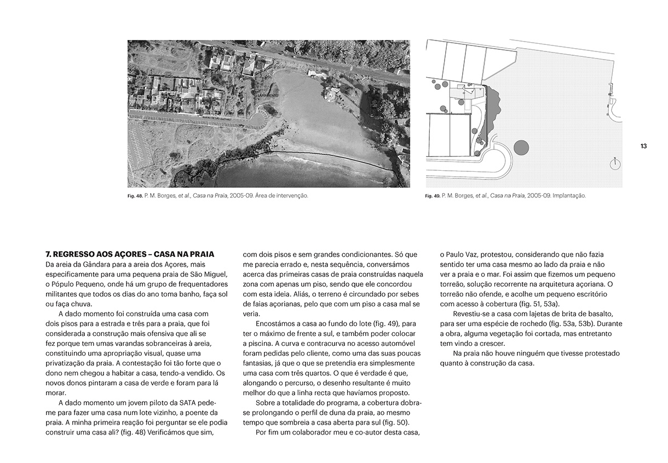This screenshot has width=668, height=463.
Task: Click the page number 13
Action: tap(643, 146)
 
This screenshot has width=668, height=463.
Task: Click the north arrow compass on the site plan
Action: tap(615, 164)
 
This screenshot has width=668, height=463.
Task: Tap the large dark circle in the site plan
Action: tap(522, 148)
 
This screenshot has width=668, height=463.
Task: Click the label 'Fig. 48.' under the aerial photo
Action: tap(135, 195)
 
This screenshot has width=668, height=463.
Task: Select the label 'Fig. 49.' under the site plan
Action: tap(433, 195)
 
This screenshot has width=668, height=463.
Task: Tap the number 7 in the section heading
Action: tap(48, 254)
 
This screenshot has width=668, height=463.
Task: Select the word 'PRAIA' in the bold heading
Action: tap(201, 254)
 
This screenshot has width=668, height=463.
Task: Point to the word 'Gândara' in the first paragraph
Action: tap(89, 264)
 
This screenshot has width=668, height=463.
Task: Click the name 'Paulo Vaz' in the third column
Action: tap(464, 254)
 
